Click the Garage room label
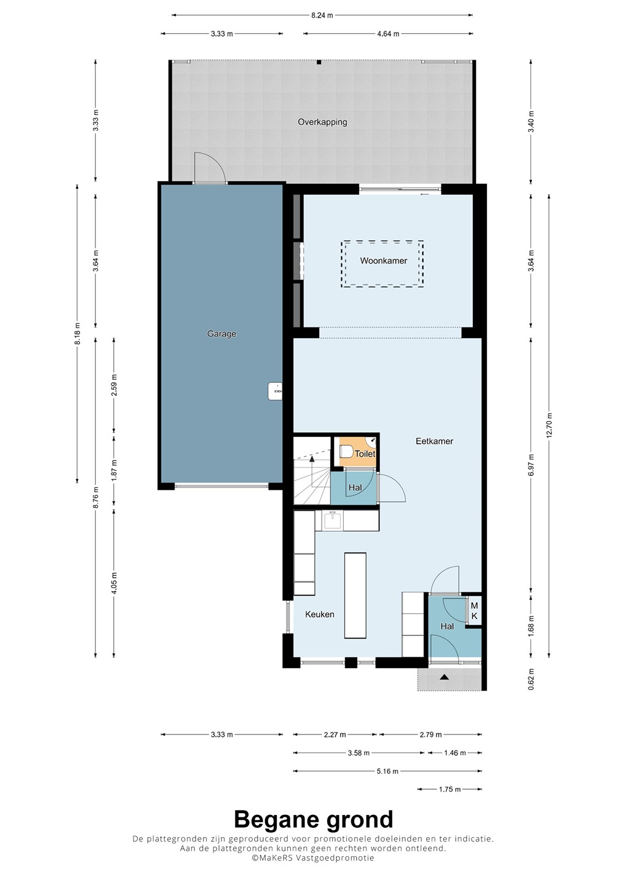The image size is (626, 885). tap(221, 334)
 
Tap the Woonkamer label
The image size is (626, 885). tap(383, 261)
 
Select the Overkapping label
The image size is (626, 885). tap(322, 122)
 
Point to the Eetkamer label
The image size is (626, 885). tap(434, 441)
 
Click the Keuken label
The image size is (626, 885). tap(320, 615)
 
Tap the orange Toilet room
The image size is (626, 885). tap(357, 451)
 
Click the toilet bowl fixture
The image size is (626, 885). tap(346, 451)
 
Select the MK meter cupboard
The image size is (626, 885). tap(474, 610)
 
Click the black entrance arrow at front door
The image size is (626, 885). tap(444, 677)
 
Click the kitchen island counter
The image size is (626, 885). tap(355, 596)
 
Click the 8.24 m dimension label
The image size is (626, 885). tap(322, 15)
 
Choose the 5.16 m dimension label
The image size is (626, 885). tap(387, 771)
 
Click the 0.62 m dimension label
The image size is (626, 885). tap(531, 679)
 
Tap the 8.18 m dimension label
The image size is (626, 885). tap(77, 334)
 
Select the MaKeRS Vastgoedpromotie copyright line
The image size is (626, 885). tap(312, 858)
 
